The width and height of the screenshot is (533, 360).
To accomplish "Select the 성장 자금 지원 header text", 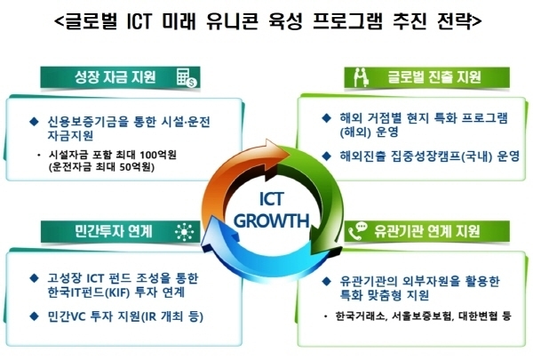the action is [x=115, y=77].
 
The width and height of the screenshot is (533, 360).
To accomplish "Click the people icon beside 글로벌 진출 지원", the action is [x=361, y=77].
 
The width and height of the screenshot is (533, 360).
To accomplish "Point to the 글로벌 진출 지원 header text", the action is [x=434, y=77].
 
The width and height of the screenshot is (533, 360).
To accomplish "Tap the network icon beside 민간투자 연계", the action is [x=184, y=232].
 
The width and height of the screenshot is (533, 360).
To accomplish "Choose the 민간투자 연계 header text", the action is [x=113, y=231].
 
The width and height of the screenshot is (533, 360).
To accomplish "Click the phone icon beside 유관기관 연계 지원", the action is [x=358, y=231].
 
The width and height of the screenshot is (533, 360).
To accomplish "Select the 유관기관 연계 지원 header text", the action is [x=427, y=231].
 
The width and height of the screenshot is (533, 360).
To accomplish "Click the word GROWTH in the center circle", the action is [x=271, y=220].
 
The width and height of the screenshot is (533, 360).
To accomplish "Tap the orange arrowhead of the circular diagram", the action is [x=277, y=152].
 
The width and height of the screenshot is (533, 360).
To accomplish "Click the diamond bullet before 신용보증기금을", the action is [x=34, y=122].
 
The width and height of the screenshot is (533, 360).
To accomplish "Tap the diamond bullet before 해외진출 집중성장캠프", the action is [x=326, y=156].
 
